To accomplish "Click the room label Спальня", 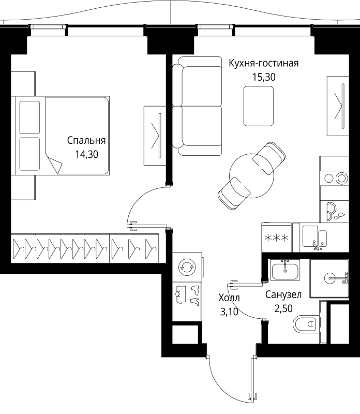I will tap(86, 140).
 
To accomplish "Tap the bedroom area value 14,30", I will tap(86, 154).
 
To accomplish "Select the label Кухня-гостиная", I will tap(264, 64).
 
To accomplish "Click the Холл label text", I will tap(229, 298).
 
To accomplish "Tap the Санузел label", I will tap(283, 295).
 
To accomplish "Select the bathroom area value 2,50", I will tap(283, 309).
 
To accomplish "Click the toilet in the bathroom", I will tap(307, 326).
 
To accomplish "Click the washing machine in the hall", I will tap(185, 268).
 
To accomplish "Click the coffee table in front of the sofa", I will tap(259, 106).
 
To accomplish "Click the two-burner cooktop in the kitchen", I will tap(335, 179).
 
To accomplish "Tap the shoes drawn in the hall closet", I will tap(194, 295).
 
